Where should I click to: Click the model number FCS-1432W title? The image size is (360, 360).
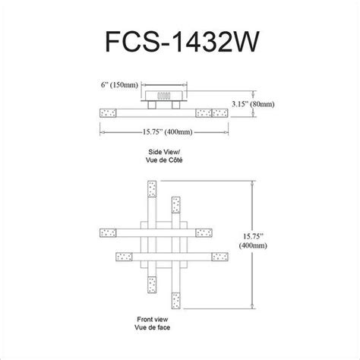(182, 42)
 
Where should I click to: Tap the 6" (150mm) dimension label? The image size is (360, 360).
(119, 85)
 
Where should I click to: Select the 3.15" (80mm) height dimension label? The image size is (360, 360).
(253, 104)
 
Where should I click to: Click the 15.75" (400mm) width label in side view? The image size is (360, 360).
(167, 132)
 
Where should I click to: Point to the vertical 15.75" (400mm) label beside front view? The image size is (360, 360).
(253, 241)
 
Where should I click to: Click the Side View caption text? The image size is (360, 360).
(164, 152)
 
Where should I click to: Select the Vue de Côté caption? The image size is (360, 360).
(164, 160)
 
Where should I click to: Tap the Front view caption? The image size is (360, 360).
(153, 319)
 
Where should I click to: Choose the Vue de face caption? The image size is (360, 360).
(153, 327)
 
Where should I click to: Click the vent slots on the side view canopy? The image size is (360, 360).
(163, 96)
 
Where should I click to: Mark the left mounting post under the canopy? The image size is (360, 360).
(152, 105)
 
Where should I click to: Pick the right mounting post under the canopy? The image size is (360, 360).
(175, 105)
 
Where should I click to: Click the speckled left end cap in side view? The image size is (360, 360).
(108, 113)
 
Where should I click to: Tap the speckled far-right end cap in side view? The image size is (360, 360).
(219, 113)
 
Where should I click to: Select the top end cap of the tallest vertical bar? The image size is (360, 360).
(152, 189)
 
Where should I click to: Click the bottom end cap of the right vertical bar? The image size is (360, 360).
(176, 301)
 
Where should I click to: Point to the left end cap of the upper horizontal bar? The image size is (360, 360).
(108, 233)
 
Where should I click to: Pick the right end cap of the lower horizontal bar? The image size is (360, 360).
(220, 257)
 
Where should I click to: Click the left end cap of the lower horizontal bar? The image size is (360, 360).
(124, 257)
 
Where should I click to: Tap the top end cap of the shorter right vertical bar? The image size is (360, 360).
(176, 205)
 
